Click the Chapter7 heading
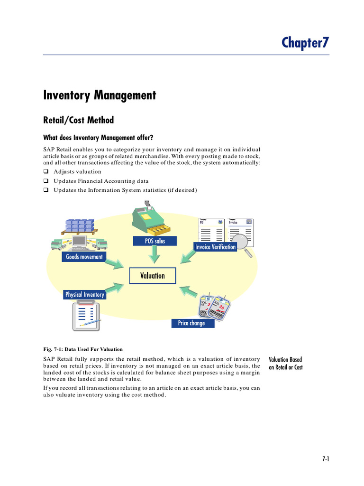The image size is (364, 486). click(305, 43)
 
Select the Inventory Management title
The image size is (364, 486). click(100, 95)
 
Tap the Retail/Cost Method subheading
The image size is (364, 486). click(79, 120)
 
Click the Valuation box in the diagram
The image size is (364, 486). click(153, 276)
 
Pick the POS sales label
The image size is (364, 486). click(155, 241)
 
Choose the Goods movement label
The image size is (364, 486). click(84, 257)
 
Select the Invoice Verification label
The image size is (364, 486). click(215, 247)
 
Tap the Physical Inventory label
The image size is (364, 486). click(84, 295)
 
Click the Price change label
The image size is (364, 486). click(191, 323)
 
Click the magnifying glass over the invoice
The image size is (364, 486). click(244, 242)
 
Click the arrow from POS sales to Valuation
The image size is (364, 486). click(154, 255)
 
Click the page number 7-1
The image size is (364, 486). click(325, 459)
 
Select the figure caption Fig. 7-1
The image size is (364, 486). click(83, 349)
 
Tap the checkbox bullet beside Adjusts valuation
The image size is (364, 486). click(46, 172)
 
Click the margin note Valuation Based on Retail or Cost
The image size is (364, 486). click(285, 364)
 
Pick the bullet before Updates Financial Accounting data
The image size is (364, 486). click(46, 181)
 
